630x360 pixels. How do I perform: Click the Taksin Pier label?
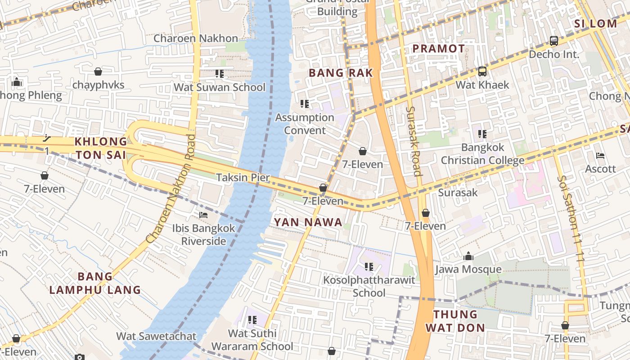coord(243,177)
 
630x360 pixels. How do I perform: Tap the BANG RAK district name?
coord(341,73)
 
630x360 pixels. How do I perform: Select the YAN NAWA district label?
coord(308,222)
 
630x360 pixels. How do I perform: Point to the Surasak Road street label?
coord(413,141)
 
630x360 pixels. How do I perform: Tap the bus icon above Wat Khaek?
coord(482,72)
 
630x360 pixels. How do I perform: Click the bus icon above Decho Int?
coord(554,41)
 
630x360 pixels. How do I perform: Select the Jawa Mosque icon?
coord(468,256)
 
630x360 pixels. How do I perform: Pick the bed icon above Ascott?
coord(600,156)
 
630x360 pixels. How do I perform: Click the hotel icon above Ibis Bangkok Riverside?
coord(203,215)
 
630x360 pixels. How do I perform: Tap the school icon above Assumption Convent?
coord(305,104)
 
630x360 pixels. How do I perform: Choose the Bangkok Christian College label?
coord(482,154)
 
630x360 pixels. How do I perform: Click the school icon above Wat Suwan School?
coord(220,74)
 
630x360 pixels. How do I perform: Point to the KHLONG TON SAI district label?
coord(101,148)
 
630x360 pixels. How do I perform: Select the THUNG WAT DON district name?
coord(455,321)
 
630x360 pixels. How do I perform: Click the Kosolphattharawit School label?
coord(369,287)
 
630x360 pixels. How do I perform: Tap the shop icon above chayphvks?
coord(98,72)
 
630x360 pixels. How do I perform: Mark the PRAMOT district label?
coord(439,49)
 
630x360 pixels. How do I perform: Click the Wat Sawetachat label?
coord(156,336)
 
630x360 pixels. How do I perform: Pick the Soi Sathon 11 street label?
coord(570,219)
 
